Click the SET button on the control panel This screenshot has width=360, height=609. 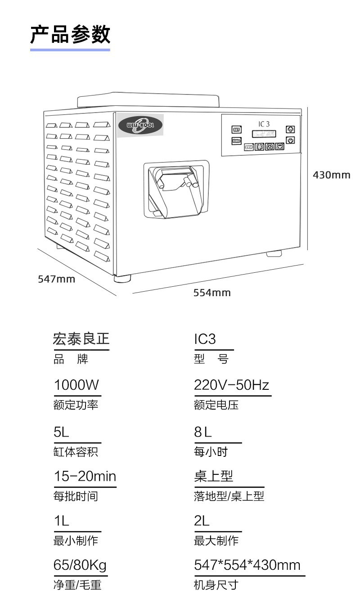point(237,130)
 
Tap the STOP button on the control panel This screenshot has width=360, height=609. point(249,147)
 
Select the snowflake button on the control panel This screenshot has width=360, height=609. point(260,146)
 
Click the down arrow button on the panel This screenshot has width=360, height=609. point(291,140)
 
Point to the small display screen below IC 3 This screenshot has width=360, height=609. point(264,134)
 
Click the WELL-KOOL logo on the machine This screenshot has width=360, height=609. point(140,125)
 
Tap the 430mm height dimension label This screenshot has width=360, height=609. point(331,175)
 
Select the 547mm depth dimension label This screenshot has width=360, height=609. point(56,279)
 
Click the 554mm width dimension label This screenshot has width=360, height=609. point(212,293)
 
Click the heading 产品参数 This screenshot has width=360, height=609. point(70,35)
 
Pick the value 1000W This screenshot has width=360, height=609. point(76,385)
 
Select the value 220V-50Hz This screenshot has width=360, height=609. point(231,385)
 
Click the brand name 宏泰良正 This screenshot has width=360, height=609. point(81,339)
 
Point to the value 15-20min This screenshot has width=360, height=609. point(85,476)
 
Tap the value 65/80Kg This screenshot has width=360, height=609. point(80,564)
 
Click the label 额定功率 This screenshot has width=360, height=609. point(76,405)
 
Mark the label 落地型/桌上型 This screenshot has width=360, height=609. point(229,496)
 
